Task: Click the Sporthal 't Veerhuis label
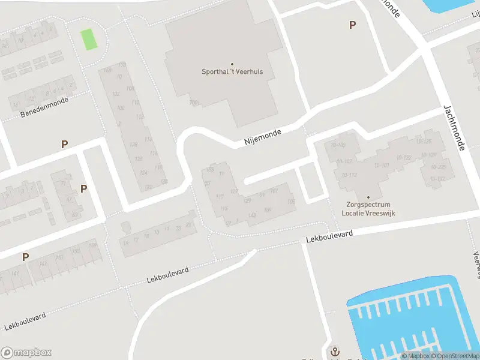pyautogui.click(x=232, y=71)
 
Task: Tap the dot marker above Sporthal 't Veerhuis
pyautogui.click(x=232, y=64)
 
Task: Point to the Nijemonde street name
pyautogui.click(x=263, y=137)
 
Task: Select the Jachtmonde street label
pyautogui.click(x=454, y=128)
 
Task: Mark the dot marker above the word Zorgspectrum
pyautogui.click(x=368, y=197)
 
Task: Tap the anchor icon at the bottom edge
pyautogui.click(x=334, y=352)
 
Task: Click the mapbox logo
pyautogui.click(x=26, y=353)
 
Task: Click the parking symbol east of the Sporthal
pyautogui.click(x=352, y=25)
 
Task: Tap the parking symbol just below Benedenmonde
pyautogui.click(x=64, y=144)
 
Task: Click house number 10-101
pyautogui.click(x=382, y=165)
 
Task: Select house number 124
pyautogui.click(x=143, y=172)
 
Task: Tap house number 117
pyautogui.click(x=219, y=197)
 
